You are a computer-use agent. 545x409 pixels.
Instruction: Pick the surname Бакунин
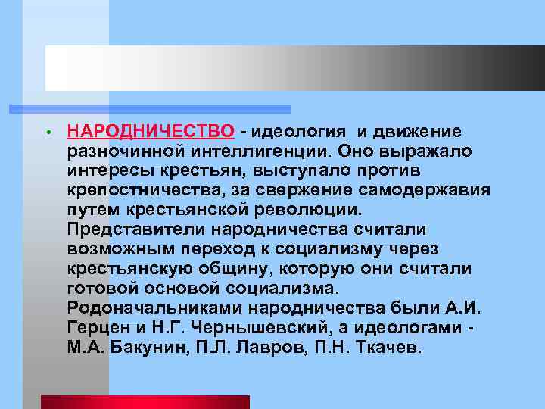(145, 348)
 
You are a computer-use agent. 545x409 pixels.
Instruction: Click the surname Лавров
(260, 348)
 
